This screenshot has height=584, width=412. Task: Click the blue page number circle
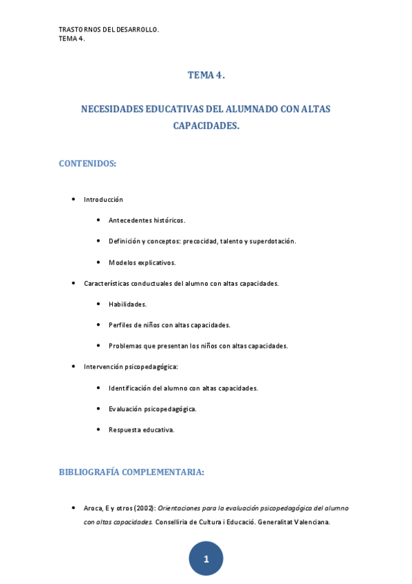pyautogui.click(x=206, y=559)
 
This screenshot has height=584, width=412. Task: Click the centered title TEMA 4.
pyautogui.click(x=206, y=76)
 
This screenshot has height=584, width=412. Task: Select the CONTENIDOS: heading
pyautogui.click(x=87, y=163)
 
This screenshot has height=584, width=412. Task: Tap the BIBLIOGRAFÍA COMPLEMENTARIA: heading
pyautogui.click(x=131, y=472)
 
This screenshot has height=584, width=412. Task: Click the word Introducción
pyautogui.click(x=103, y=200)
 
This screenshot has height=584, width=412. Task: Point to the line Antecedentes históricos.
pyautogui.click(x=147, y=220)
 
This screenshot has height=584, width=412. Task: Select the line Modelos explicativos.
pyautogui.click(x=142, y=262)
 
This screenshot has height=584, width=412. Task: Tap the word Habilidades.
pyautogui.click(x=127, y=304)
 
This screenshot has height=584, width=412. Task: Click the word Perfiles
pyautogui.click(x=121, y=325)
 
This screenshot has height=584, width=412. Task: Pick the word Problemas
pyautogui.click(x=126, y=346)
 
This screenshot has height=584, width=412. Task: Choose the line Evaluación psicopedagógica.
pyautogui.click(x=153, y=409)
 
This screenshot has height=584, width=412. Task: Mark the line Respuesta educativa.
pyautogui.click(x=142, y=430)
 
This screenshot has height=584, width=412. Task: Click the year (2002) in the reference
pyautogui.click(x=144, y=508)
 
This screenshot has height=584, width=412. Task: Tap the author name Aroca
pyautogui.click(x=94, y=508)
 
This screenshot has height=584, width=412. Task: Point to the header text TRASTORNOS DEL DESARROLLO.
pyautogui.click(x=109, y=30)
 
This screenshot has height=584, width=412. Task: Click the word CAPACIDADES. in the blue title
pyautogui.click(x=206, y=127)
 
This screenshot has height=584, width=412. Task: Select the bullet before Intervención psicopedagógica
pyautogui.click(x=74, y=367)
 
